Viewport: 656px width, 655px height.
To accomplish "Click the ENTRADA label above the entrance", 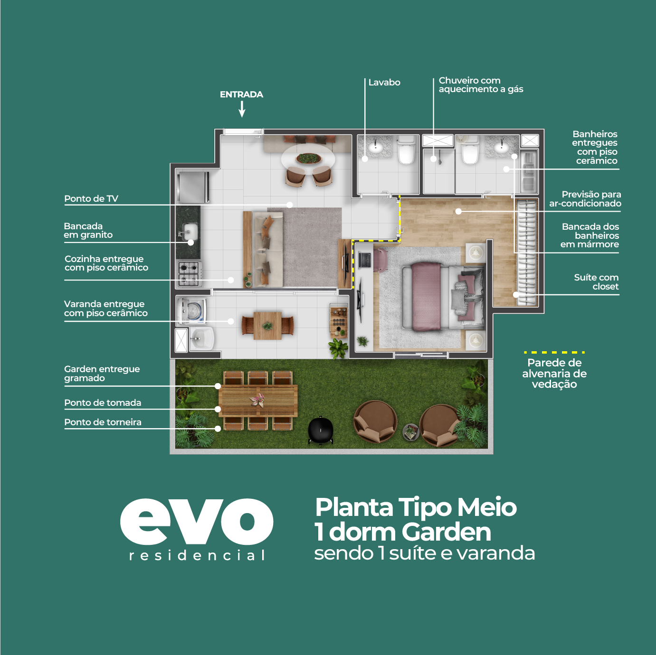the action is (x=241, y=94).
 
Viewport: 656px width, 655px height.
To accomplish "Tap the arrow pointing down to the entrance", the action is (x=242, y=109).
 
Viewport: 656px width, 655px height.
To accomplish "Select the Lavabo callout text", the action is (x=384, y=82).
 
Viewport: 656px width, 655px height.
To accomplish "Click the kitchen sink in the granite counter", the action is (x=189, y=232).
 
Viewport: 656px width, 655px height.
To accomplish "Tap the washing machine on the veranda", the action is (x=191, y=310).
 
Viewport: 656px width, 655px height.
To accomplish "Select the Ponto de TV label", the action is (x=91, y=198).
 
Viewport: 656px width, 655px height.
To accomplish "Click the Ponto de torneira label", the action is (x=103, y=422).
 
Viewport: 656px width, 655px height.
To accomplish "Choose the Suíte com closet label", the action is (x=596, y=282).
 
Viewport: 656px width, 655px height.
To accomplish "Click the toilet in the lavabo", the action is (x=407, y=150).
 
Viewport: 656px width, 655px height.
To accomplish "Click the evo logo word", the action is (x=197, y=521).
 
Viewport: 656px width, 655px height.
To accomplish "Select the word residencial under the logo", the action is (x=197, y=556).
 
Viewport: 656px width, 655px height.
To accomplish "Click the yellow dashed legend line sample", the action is (x=554, y=352).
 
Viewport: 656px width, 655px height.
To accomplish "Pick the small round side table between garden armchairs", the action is (x=411, y=432).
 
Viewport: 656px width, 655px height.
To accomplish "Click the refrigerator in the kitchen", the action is (x=192, y=187).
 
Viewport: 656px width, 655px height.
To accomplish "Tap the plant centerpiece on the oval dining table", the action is (x=309, y=158).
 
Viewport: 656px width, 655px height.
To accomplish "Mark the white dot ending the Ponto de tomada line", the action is (x=218, y=409).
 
